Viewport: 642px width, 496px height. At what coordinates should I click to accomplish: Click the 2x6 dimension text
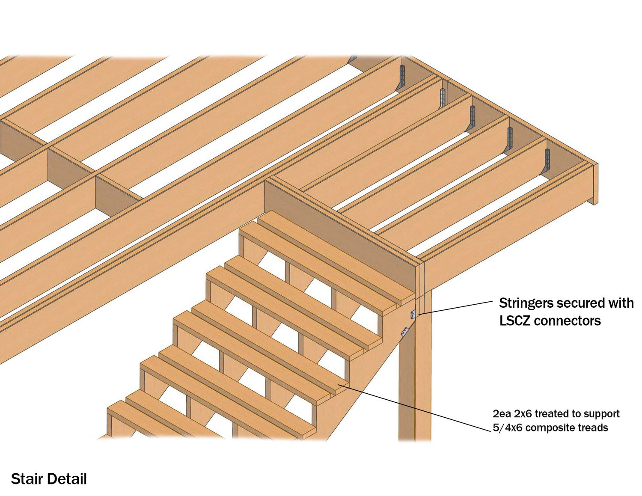tap(522, 414)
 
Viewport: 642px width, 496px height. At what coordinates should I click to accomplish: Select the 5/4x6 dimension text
tap(508, 428)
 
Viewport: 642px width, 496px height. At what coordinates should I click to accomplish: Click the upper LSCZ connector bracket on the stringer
tap(413, 314)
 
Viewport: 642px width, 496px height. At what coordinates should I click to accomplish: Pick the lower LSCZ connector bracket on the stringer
tap(404, 332)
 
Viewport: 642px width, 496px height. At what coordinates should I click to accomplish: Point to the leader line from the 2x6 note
tap(415, 406)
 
